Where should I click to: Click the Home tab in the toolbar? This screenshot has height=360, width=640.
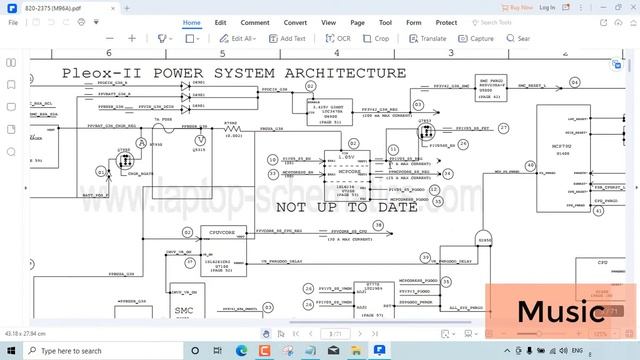(192, 22)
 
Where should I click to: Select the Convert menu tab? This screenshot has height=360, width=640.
(295, 22)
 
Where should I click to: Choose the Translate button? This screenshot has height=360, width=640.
(429, 39)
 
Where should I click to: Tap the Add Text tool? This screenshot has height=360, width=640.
(288, 39)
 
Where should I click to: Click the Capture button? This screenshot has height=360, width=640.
(478, 39)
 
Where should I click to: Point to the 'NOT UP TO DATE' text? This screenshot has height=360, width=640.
(334, 208)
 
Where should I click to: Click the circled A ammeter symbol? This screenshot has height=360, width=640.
(142, 144)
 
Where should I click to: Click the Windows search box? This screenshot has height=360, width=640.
(85, 351)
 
